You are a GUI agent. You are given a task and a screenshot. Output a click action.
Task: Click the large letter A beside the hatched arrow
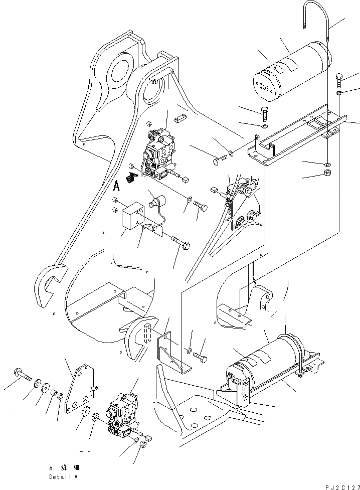[116, 186]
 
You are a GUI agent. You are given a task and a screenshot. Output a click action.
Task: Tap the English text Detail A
[63, 477]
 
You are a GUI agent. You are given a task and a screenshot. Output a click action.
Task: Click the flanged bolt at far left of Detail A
[24, 374]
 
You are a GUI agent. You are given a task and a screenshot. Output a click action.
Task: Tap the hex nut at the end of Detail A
[142, 444]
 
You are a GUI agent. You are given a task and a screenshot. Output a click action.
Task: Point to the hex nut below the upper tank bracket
[325, 174]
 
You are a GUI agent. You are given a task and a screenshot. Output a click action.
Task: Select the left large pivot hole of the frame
[119, 70]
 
